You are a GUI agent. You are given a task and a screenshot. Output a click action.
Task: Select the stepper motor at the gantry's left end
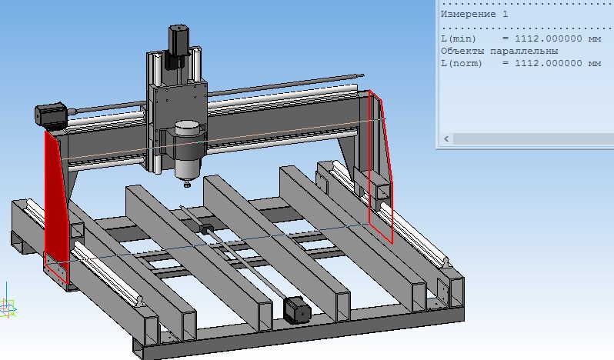click(x=51, y=115)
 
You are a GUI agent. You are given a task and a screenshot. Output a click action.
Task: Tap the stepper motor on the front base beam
click(x=297, y=309)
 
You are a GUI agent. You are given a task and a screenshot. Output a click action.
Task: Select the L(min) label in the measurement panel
click(x=459, y=38)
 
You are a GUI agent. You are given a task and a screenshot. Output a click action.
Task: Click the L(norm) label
click(x=462, y=63)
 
